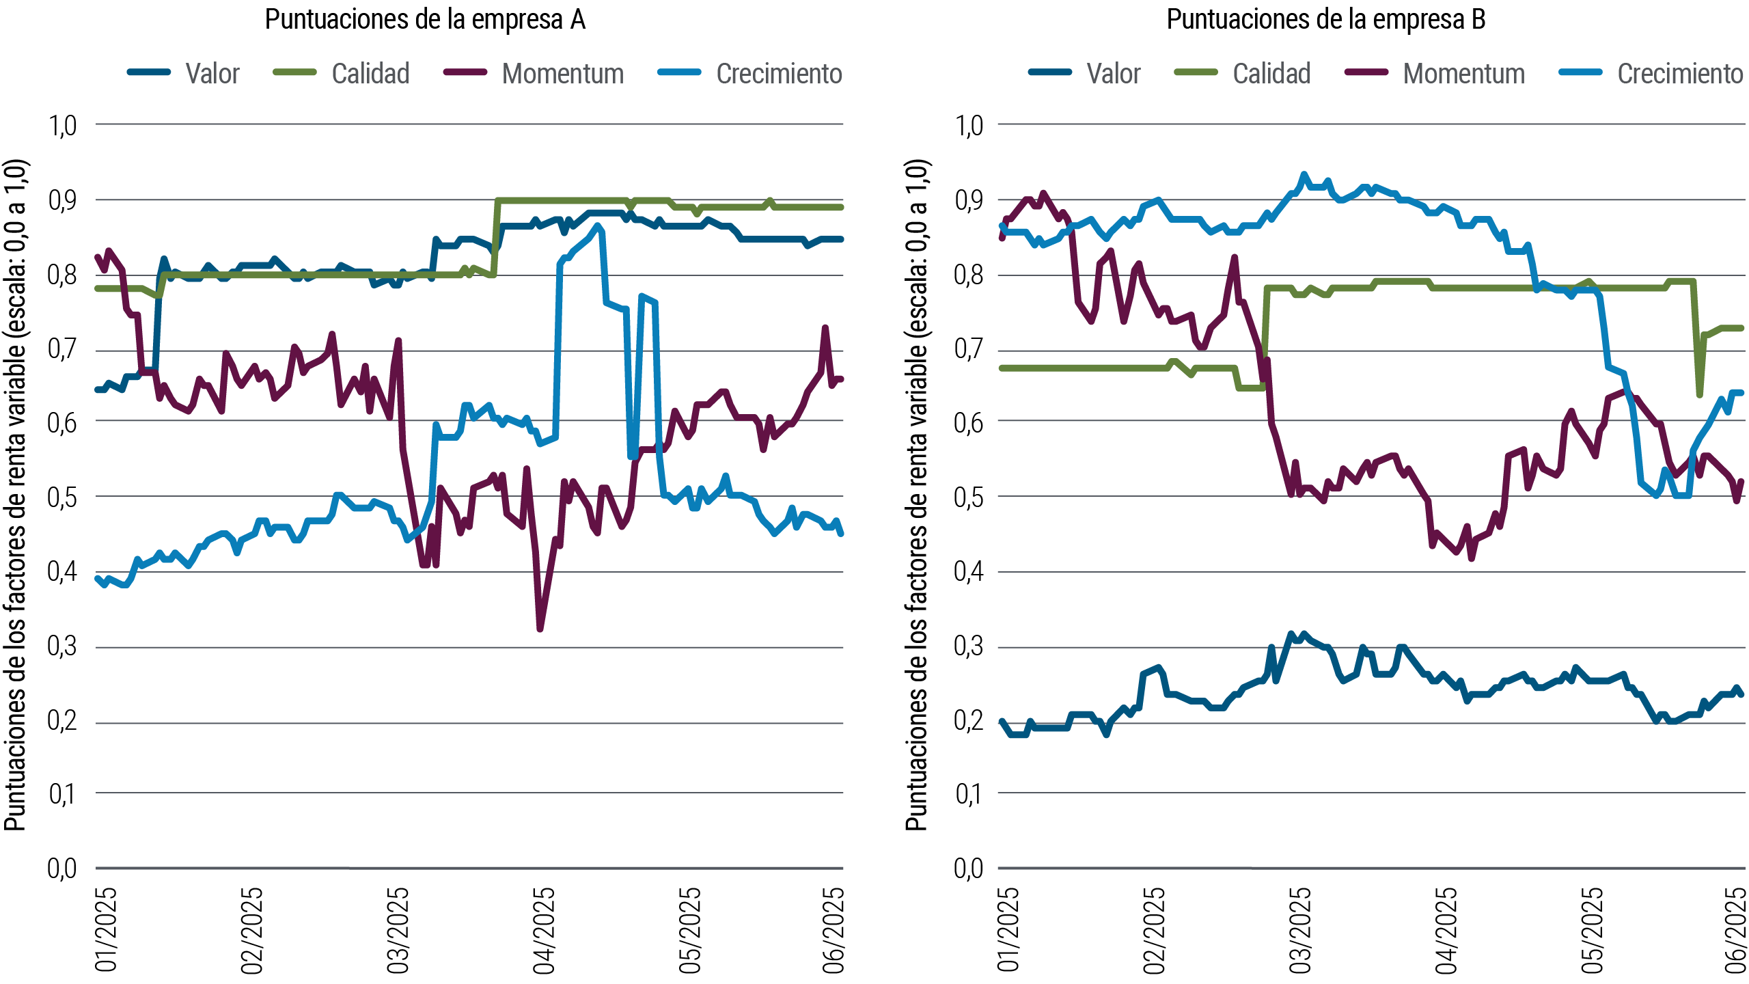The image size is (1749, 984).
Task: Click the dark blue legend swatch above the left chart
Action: point(157,72)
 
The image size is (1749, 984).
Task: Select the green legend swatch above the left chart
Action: point(303,72)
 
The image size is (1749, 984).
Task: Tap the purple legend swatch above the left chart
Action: point(473,72)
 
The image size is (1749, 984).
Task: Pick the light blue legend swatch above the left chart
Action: point(687,72)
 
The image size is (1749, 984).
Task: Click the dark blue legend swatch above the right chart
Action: point(1058,72)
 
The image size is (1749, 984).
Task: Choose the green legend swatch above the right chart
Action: point(1204,72)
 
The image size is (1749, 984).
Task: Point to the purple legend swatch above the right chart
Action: point(1374,72)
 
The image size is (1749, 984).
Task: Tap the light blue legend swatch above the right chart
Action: point(1588,72)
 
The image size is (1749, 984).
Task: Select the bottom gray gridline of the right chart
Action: point(1366,868)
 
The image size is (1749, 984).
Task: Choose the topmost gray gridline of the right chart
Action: point(1366,124)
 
